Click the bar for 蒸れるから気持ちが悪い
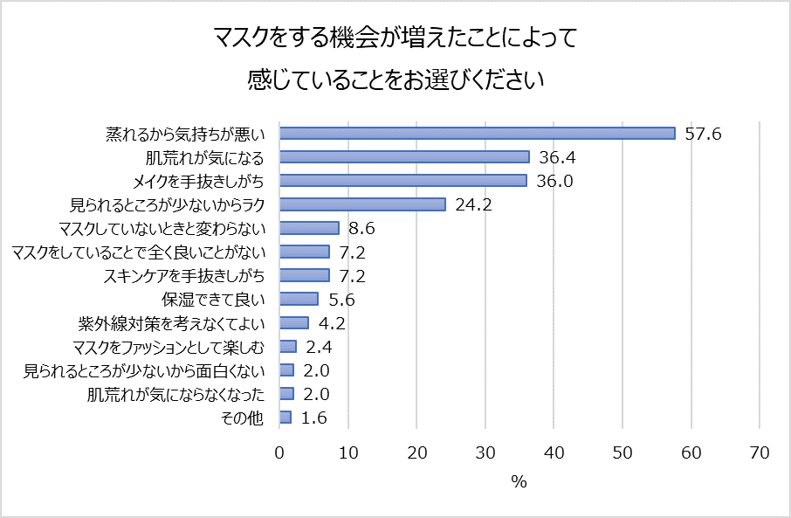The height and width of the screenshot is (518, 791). pyautogui.click(x=478, y=134)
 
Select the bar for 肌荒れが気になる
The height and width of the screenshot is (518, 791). pyautogui.click(x=404, y=157)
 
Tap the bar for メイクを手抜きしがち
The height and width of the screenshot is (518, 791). pyautogui.click(x=403, y=181)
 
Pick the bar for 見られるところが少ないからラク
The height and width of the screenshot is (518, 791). pyautogui.click(x=362, y=204)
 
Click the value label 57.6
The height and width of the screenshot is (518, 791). pyautogui.click(x=703, y=134)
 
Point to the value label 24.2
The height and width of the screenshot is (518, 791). pyautogui.click(x=472, y=204)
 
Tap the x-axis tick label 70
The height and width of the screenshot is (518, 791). pyautogui.click(x=760, y=452)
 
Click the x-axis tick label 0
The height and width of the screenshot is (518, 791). pyautogui.click(x=279, y=452)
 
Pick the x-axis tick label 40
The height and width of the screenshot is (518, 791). pyautogui.click(x=554, y=452)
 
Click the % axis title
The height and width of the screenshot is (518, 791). pyautogui.click(x=519, y=481)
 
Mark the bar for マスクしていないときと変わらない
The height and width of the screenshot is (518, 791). pyautogui.click(x=309, y=228)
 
